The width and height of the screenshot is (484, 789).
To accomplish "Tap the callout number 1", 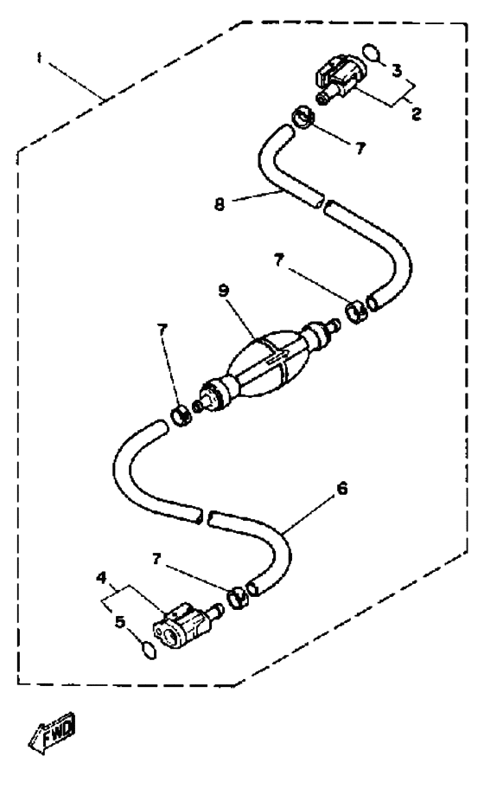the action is click(39, 58).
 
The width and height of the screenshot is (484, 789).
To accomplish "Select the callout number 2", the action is click(416, 114).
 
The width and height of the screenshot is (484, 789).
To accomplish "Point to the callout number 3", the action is click(397, 70).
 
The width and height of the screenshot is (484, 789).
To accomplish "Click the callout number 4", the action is click(101, 578).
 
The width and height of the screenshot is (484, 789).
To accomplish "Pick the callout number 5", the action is click(119, 622).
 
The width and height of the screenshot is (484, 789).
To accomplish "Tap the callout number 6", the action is click(341, 488).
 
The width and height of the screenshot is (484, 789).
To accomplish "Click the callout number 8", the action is click(220, 205).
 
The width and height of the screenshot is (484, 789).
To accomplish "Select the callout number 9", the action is click(224, 291).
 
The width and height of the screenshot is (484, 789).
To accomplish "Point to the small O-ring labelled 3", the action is click(371, 52).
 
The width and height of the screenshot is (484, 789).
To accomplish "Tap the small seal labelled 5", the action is click(150, 650).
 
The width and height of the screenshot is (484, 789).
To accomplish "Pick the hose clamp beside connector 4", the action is click(238, 597).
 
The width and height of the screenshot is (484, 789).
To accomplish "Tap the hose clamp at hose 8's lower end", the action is click(356, 312).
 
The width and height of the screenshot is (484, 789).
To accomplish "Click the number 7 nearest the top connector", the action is click(360, 149).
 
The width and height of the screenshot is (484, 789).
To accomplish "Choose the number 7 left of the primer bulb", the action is click(162, 330).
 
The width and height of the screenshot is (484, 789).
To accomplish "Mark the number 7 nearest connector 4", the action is click(156, 559).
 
